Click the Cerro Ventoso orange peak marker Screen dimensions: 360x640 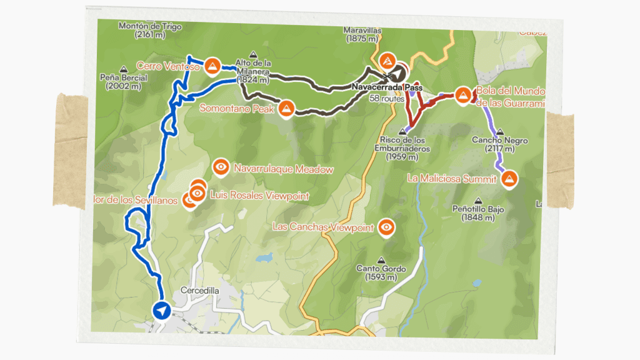(212, 65)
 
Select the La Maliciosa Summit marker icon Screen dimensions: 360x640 (509, 179)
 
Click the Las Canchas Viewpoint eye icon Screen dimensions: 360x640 (387, 227)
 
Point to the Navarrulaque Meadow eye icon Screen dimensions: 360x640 (221, 167)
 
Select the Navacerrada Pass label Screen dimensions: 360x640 (387, 88)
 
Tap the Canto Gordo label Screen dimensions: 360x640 (381, 269)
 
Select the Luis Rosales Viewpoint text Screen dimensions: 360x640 (259, 196)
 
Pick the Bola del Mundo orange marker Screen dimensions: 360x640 (462, 94)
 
